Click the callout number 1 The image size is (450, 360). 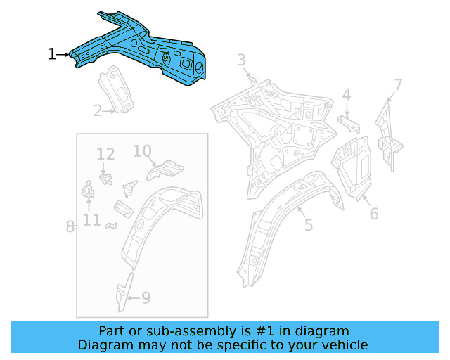(x=51, y=54)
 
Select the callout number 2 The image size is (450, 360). (x=98, y=110)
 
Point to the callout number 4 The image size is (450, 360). (x=347, y=95)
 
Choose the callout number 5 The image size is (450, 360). (x=309, y=225)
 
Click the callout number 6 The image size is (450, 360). (x=373, y=213)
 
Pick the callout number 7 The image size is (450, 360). (x=398, y=86)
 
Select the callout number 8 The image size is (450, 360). (x=70, y=226)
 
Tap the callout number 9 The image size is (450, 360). (x=146, y=297)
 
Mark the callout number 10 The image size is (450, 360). (x=142, y=150)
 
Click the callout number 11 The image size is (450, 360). (x=91, y=220)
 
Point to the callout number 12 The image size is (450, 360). (x=105, y=154)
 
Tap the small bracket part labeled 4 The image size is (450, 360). (x=349, y=124)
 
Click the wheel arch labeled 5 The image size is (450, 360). (x=281, y=211)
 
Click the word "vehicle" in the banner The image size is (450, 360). (x=344, y=345)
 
